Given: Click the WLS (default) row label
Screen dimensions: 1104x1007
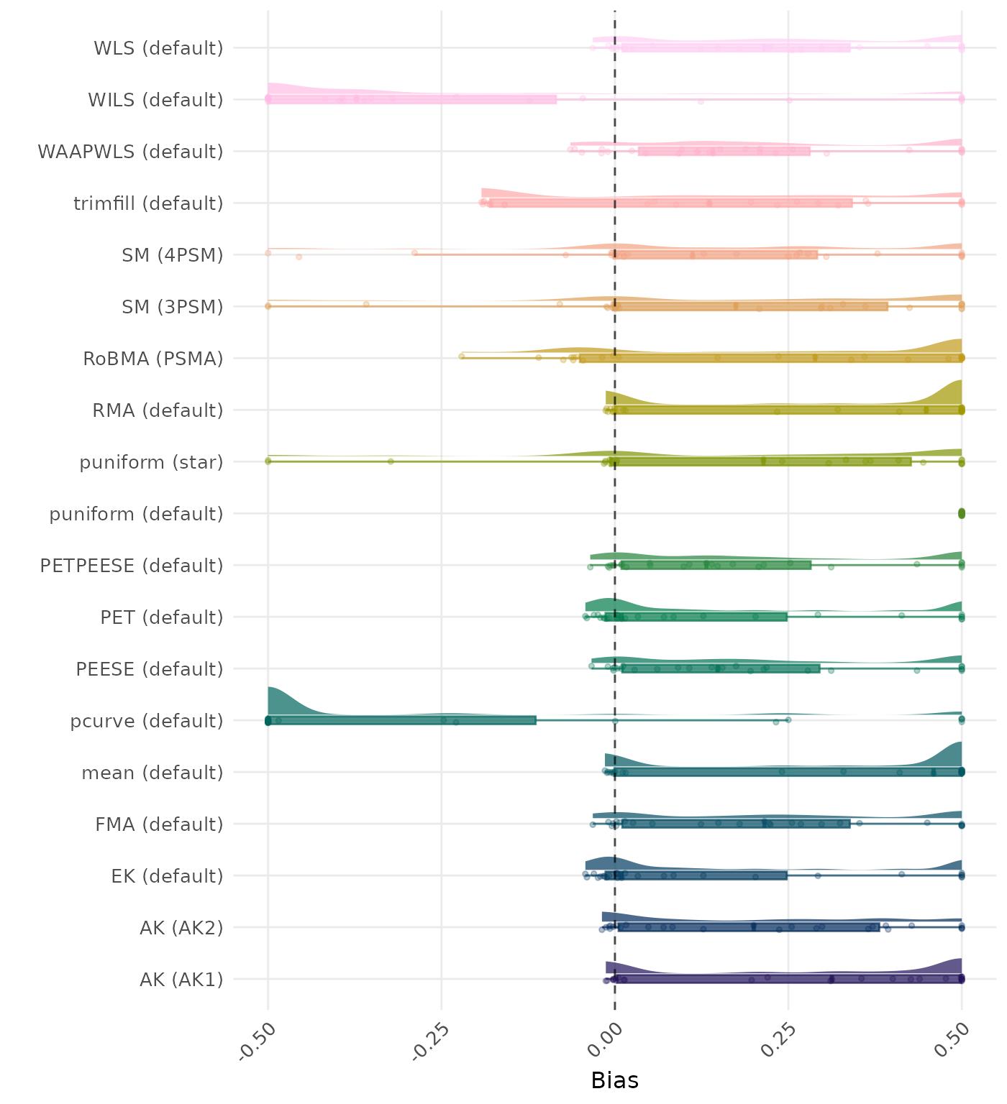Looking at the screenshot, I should point(158,48).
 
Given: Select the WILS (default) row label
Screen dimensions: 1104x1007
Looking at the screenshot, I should point(155,100).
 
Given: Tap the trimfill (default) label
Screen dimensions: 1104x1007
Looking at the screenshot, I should point(148,203).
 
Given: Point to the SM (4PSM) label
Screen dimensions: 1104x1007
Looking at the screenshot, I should point(173,255).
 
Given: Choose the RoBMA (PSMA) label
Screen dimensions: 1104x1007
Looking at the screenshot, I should point(153,359).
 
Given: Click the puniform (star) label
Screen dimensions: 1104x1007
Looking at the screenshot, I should point(151,462).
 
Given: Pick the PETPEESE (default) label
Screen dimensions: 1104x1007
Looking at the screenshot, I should point(132,566).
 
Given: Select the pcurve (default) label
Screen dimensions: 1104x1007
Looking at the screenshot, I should point(147,721).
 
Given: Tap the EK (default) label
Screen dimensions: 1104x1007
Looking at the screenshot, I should point(167,876).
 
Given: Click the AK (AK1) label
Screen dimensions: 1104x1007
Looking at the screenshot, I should point(181,980).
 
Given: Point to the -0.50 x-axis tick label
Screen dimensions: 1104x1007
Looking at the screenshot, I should point(256,1040).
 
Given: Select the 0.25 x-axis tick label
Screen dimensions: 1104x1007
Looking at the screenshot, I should point(779,1040).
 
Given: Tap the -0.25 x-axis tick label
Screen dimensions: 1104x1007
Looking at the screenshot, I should point(429,1040).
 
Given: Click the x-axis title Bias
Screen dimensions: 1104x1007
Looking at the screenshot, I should point(614,1080).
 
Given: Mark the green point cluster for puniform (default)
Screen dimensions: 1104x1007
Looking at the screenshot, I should point(961,513).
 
